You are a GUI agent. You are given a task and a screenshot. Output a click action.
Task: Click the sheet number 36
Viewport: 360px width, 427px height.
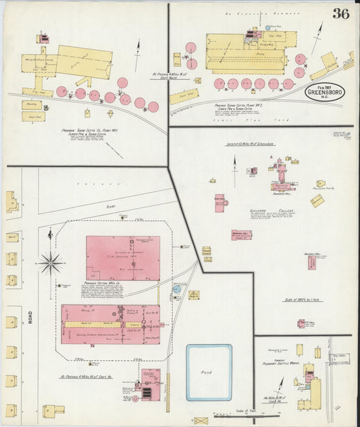pyautogui.click(x=340, y=14)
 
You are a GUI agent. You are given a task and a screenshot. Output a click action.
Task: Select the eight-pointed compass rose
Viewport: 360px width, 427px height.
pyautogui.click(x=50, y=261)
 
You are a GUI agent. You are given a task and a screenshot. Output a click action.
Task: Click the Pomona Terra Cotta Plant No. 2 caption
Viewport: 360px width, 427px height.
pyautogui.click(x=236, y=106)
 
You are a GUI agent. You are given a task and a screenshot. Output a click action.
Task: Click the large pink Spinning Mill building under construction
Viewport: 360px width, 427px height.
pyautogui.click(x=123, y=257)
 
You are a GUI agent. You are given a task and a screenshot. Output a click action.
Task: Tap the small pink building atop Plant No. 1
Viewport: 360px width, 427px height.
pyautogui.click(x=43, y=39)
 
